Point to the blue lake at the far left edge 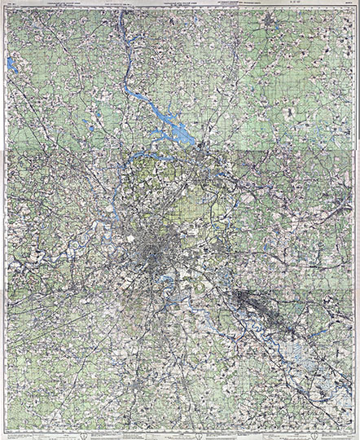(x=11, y=64)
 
